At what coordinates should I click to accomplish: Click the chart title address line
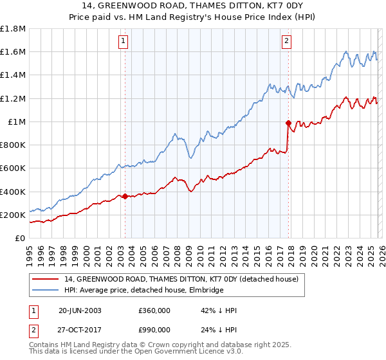[192, 6]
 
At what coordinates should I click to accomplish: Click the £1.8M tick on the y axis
[13, 29]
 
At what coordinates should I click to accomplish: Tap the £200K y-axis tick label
[13, 215]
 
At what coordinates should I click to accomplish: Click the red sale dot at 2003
[125, 196]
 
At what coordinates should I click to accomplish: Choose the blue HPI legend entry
[143, 291]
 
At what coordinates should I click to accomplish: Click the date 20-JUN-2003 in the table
[80, 310]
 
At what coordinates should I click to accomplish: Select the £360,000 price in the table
[154, 310]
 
